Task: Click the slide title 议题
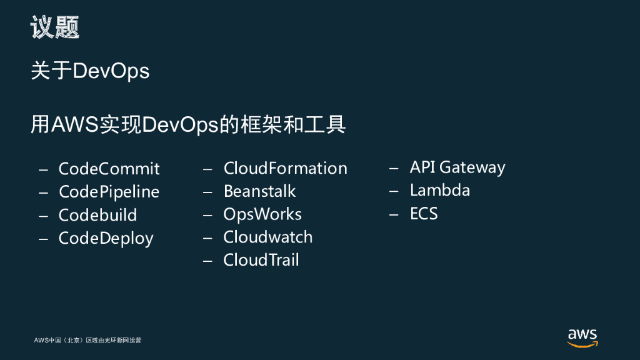tap(55, 28)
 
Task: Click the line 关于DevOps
tap(90, 71)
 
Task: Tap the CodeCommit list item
tap(109, 169)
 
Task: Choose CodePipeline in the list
tap(109, 192)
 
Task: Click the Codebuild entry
tap(97, 215)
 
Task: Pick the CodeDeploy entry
tap(106, 238)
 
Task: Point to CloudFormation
tap(285, 168)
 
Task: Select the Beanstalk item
tap(259, 191)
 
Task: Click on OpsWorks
tap(262, 214)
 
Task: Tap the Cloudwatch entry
tap(267, 237)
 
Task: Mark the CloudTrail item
tap(261, 260)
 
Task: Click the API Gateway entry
tap(457, 167)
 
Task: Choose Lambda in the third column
tap(439, 191)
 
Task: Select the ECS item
tap(424, 214)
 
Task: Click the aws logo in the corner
tap(582, 337)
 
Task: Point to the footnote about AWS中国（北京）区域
tap(87, 341)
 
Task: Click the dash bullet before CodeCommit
tap(43, 169)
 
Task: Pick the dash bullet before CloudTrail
tap(208, 261)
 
